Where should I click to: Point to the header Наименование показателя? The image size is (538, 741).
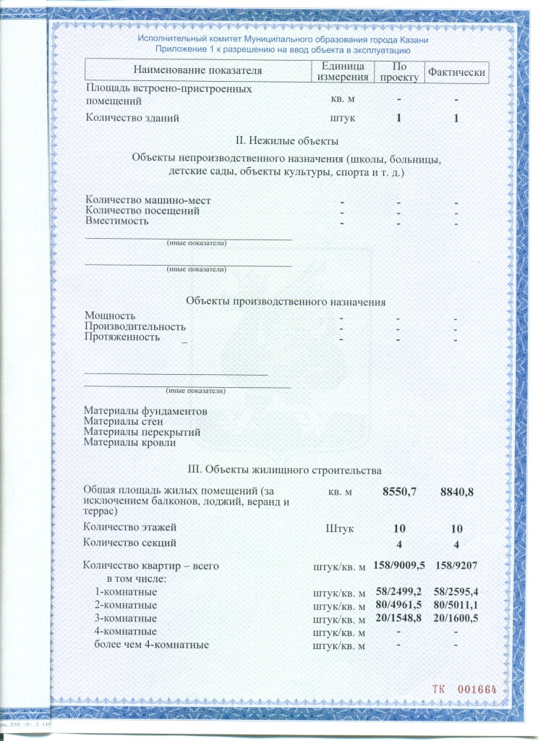point(197,71)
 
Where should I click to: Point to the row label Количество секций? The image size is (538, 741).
point(129,542)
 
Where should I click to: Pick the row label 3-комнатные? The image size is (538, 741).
point(126,619)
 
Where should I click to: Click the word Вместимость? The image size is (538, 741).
point(117,221)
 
